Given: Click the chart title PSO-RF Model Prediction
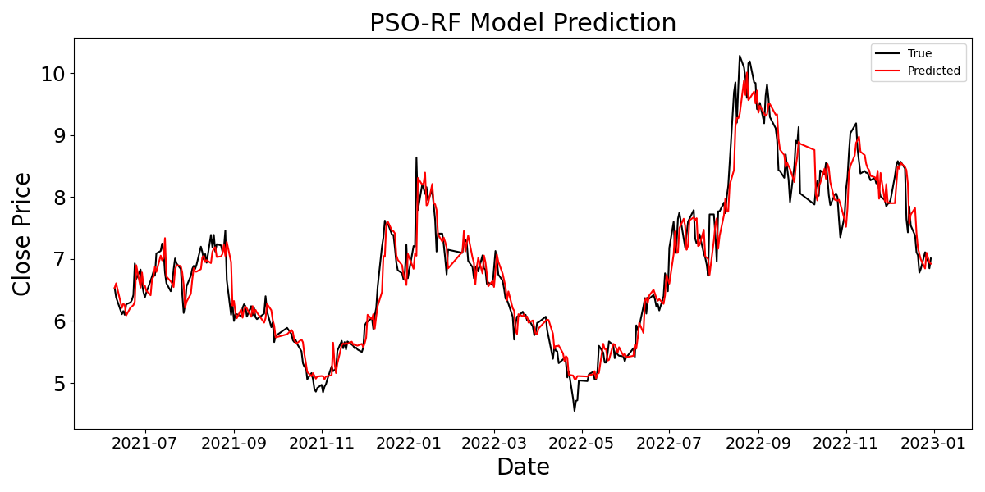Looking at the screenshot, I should coord(523,23).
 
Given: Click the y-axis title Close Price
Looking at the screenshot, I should coord(22,234).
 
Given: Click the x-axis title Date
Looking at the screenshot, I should coord(523,467).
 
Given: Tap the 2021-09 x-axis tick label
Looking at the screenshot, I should coord(234,444).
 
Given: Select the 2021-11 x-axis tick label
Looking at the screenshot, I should coord(322,444).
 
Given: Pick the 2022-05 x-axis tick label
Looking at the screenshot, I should coord(582,444).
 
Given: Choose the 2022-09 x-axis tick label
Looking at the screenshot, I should coord(758,444).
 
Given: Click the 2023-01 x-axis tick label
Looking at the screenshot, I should coord(934,444).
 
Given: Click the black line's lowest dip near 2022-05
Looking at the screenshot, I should coord(575,410).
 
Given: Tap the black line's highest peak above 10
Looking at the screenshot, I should coord(740,56).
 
